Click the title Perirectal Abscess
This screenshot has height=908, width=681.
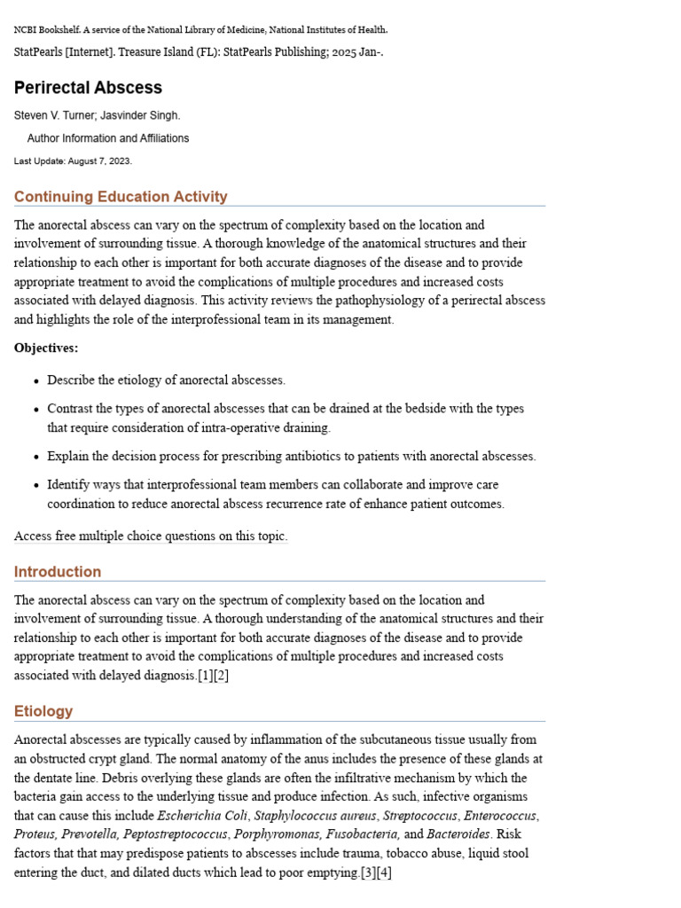click(x=88, y=88)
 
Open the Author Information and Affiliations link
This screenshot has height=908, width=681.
click(x=107, y=138)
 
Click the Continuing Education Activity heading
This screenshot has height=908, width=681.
click(x=121, y=197)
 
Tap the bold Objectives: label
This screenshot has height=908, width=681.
click(x=46, y=348)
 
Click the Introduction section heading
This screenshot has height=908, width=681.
click(x=58, y=572)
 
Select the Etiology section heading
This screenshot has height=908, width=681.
click(x=43, y=711)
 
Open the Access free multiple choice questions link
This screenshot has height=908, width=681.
click(x=151, y=536)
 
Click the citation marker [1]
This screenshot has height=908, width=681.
click(x=206, y=676)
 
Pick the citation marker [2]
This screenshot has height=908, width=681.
click(x=222, y=676)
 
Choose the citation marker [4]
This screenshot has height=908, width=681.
click(x=384, y=873)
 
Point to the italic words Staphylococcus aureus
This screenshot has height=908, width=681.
click(x=316, y=816)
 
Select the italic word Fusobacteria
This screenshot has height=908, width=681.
click(x=363, y=834)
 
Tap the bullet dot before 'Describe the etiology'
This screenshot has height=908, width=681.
click(x=36, y=381)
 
